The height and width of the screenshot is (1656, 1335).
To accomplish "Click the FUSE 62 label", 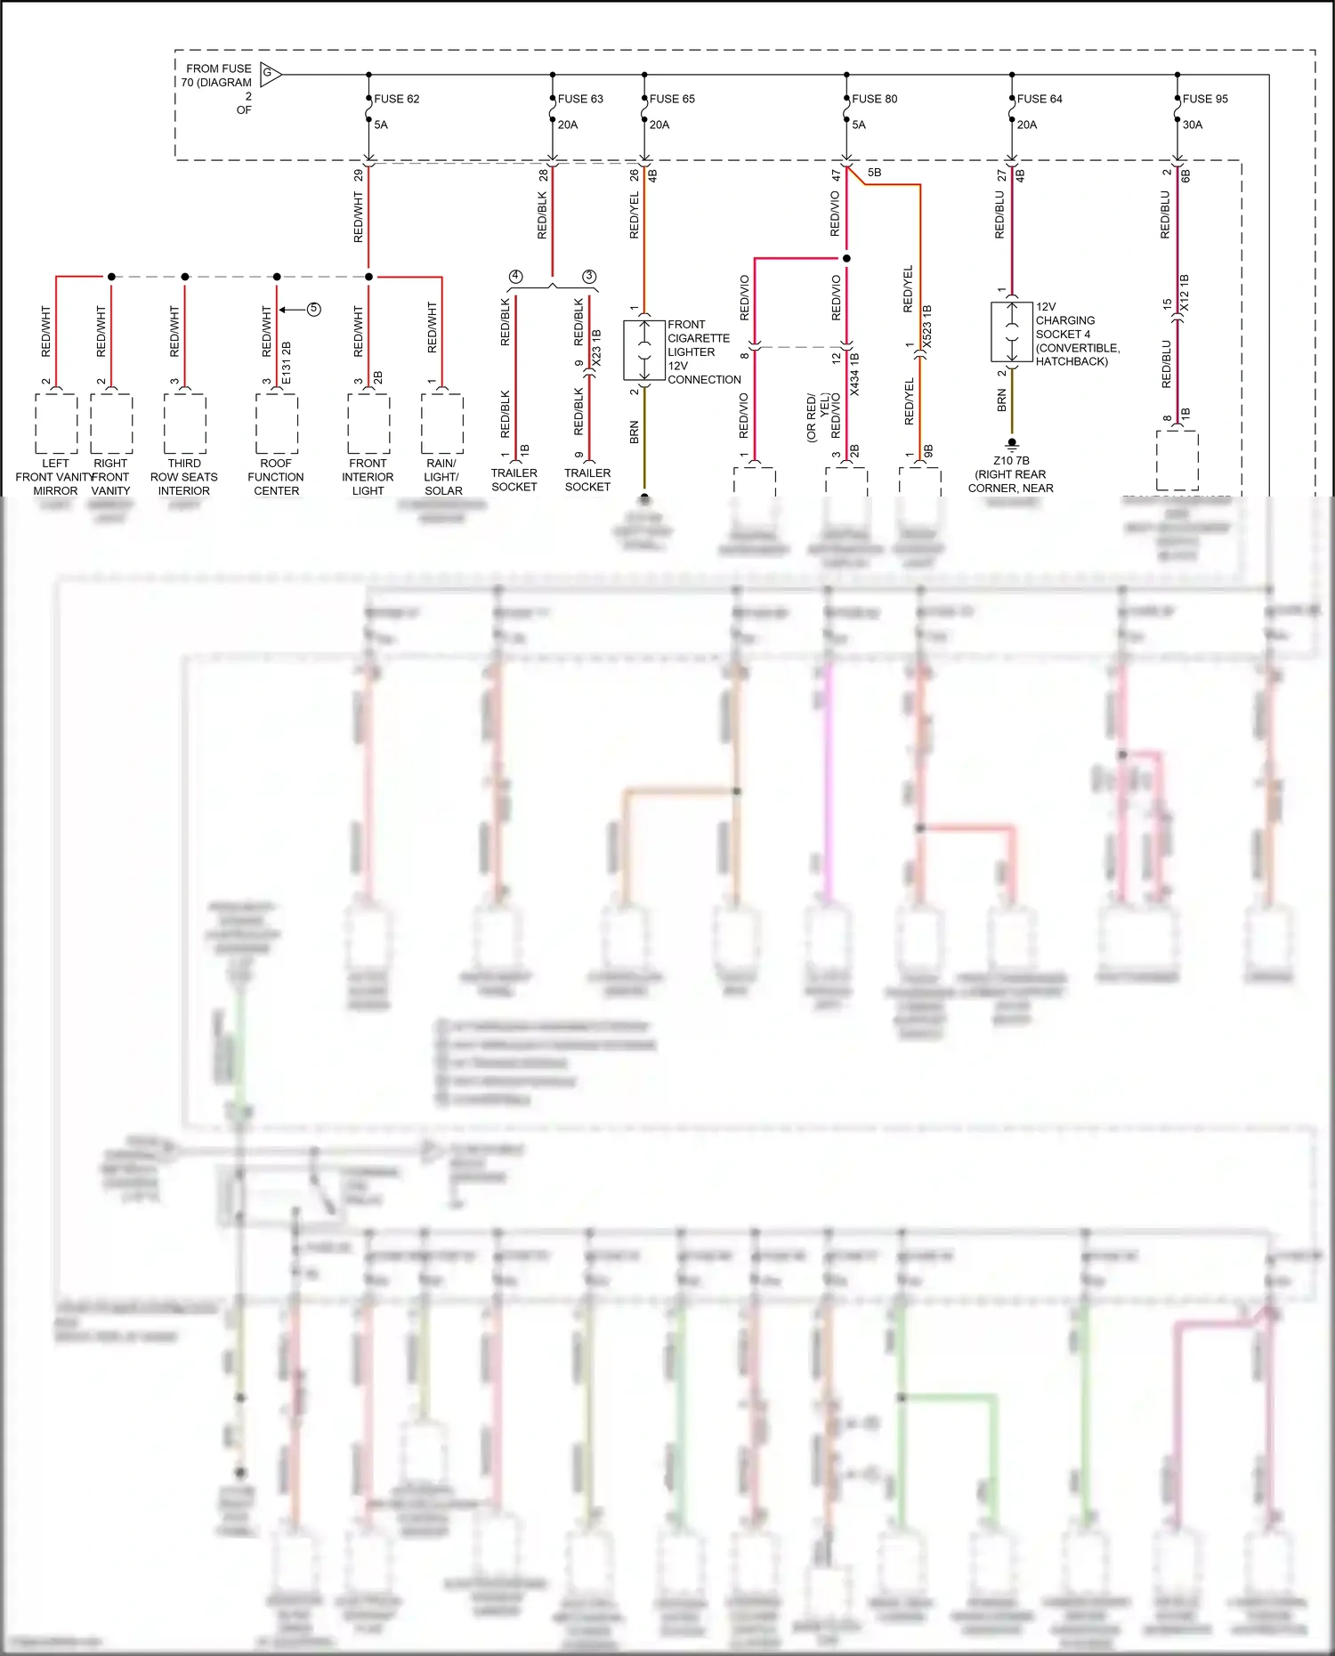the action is pos(396,99).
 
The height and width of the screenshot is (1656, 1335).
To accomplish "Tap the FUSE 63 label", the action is pos(580,99).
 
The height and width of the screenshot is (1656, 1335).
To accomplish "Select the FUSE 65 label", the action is pos(672,99).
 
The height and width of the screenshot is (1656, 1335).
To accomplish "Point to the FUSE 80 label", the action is pos(874,99).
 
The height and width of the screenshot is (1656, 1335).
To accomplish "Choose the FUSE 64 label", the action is pos(1040,99).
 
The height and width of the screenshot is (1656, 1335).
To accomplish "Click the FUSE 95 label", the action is pos(1205,99).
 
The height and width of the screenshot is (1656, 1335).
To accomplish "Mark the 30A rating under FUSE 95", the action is pos(1193,125).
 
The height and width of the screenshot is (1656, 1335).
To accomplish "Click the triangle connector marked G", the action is pos(270,74).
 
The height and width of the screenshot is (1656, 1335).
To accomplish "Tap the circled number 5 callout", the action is pos(313,310).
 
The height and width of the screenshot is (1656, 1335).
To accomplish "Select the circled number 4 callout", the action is pos(515,277).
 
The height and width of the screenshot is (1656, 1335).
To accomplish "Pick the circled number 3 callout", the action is pos(589,277).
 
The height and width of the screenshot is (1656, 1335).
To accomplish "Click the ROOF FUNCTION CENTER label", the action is pos(276,477).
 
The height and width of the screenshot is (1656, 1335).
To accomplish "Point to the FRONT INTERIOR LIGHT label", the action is pos(368,477).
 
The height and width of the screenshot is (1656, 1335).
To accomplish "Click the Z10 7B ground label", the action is pos(1011,461).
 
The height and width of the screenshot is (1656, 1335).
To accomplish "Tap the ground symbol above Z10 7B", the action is pos(1012,444).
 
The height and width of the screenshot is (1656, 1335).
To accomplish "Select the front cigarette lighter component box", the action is pos(644,351).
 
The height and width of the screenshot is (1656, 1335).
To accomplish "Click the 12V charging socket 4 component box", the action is pos(1012,332).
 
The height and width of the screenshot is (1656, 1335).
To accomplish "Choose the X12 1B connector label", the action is pos(1185,293).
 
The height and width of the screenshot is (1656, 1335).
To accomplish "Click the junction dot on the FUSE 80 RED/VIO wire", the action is pos(846,258).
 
